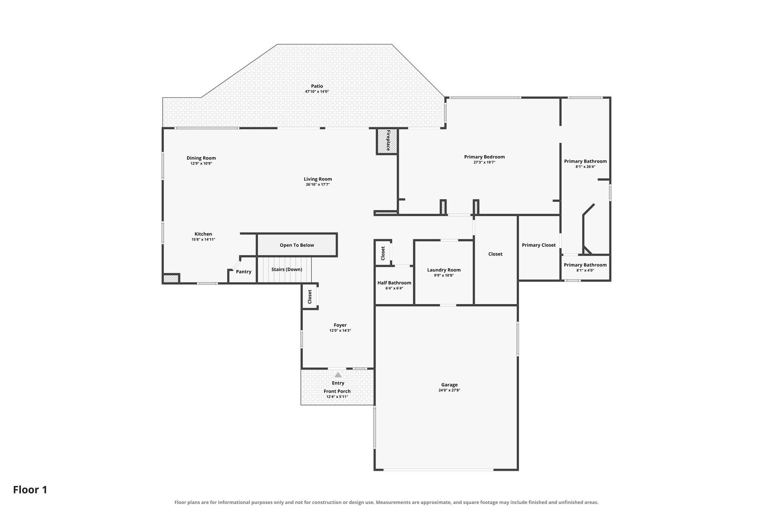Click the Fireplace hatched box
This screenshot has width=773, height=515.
point(387,141)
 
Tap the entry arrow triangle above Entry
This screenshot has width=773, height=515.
point(338,375)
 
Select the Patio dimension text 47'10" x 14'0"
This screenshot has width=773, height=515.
point(317,92)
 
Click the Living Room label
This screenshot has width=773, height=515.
point(318,179)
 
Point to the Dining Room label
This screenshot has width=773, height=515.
point(201,158)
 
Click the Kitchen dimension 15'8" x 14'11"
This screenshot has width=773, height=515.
point(203,240)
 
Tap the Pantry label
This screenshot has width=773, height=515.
point(243,272)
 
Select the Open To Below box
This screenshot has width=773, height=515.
point(297,245)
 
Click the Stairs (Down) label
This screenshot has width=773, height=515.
point(287,269)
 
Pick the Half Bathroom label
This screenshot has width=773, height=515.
point(394,283)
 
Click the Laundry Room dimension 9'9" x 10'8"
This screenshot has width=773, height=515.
point(444,275)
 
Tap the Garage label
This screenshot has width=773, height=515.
point(449,385)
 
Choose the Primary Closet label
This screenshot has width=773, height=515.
point(539,245)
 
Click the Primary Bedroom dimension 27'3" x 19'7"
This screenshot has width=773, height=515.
point(484,162)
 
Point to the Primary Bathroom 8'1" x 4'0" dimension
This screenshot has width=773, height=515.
point(585,270)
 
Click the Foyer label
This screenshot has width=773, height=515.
point(340,325)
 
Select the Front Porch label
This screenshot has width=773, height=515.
point(337,391)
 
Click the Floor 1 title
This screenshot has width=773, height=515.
point(30,490)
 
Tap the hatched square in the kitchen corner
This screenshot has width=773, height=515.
point(171,278)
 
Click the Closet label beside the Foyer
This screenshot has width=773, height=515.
point(310,297)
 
